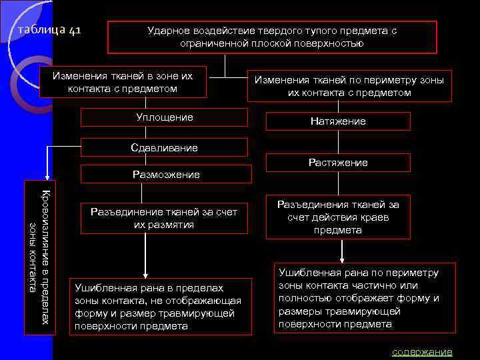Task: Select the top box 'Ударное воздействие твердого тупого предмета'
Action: tap(272, 37)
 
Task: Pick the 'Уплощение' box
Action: tap(165, 117)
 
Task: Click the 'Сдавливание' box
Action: tap(165, 147)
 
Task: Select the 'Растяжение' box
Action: tap(338, 163)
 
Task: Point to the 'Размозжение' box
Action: tap(166, 175)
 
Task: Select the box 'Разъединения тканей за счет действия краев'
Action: tap(338, 217)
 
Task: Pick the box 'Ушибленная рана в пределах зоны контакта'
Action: tap(160, 307)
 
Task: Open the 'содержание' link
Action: tap(421, 351)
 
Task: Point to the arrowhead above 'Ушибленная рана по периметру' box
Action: tap(342, 260)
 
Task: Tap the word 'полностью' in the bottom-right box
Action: tap(301, 298)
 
